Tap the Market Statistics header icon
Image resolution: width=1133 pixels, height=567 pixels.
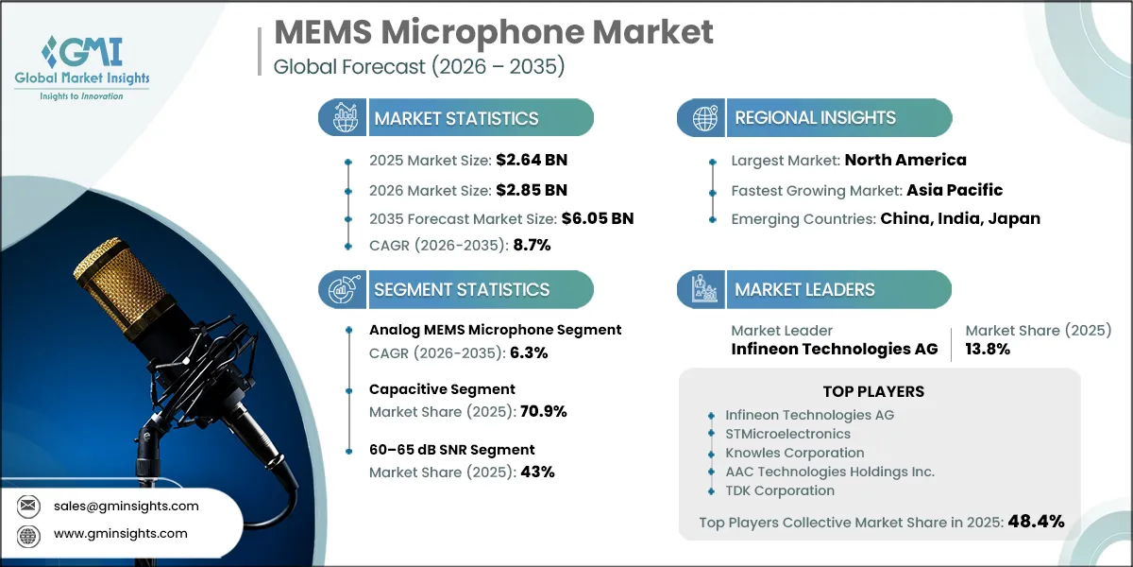342,118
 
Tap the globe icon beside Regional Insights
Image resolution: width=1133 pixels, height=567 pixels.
703,118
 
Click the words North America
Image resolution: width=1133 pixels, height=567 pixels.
905,160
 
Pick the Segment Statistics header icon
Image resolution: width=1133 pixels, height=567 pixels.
342,289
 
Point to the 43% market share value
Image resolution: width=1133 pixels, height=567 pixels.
533,472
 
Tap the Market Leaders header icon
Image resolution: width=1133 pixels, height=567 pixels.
703,289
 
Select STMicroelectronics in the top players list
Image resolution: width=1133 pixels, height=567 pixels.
787,434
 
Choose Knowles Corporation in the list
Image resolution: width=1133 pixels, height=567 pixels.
794,453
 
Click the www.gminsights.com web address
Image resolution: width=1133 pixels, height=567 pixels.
121,533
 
